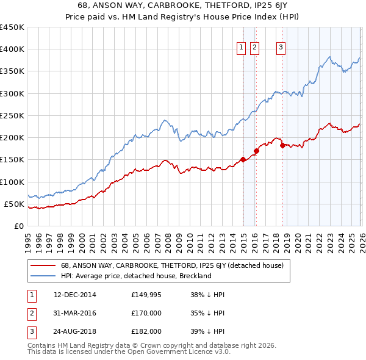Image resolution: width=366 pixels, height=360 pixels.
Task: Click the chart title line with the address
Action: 183,6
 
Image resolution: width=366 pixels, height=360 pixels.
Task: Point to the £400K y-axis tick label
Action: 12,49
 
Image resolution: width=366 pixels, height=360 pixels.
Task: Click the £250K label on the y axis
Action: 12,115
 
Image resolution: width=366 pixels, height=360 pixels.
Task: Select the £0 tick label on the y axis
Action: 19,226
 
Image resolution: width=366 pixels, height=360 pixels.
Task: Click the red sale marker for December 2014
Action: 243,159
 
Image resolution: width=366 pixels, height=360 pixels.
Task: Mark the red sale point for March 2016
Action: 257,151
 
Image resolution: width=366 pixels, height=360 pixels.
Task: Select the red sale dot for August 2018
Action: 282,145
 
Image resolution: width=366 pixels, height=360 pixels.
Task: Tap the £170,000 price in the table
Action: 146,313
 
